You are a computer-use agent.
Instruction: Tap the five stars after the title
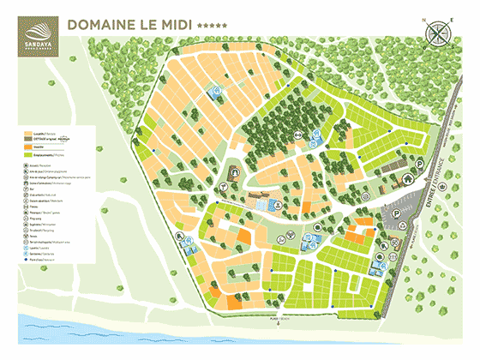212,26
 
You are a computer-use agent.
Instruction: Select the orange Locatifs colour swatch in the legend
28,135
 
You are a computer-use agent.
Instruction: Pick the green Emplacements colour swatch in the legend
28,154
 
